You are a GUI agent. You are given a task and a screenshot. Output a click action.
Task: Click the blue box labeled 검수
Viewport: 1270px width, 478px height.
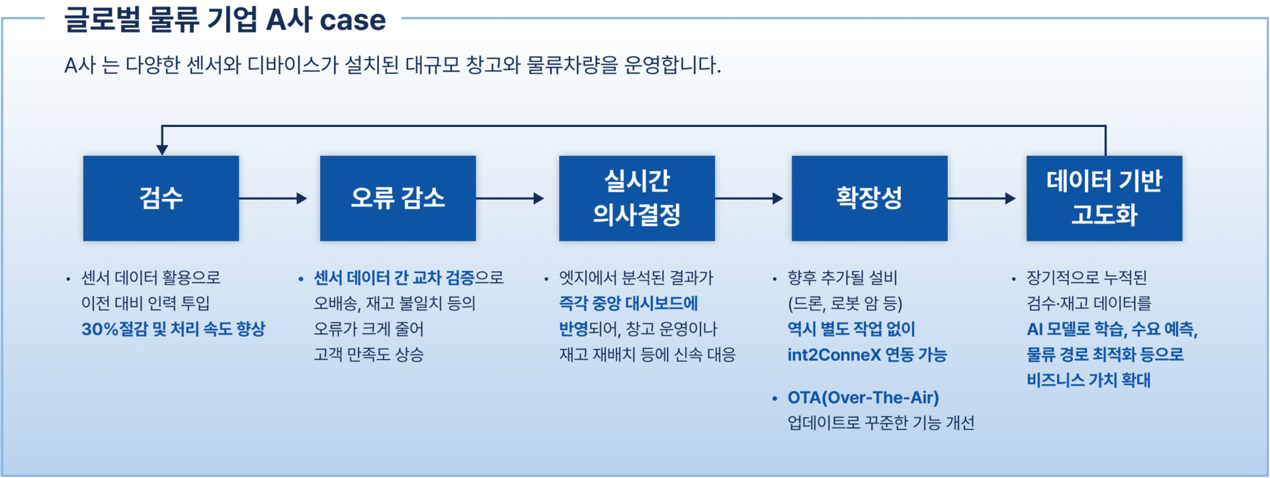[161, 198]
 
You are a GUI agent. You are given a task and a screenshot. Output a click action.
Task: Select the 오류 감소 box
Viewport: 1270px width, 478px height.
[398, 198]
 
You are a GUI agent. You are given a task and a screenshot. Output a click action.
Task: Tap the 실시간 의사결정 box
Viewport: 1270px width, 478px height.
[636, 198]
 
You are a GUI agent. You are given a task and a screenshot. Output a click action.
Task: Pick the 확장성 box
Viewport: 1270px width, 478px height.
[869, 198]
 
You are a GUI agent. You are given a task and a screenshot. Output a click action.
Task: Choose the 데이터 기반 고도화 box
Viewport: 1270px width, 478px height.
[1104, 198]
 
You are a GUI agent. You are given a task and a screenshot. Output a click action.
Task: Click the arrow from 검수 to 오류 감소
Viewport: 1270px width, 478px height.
[273, 198]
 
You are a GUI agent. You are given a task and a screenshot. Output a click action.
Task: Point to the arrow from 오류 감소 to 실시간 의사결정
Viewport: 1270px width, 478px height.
[510, 198]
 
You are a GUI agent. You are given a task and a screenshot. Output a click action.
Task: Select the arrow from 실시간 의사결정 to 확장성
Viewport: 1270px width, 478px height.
[749, 198]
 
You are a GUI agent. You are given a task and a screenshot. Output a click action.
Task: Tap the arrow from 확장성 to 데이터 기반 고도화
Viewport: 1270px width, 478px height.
[982, 198]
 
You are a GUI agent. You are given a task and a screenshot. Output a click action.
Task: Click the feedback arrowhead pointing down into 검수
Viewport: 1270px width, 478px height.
[162, 150]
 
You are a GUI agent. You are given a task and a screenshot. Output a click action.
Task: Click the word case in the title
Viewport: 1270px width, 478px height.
[353, 20]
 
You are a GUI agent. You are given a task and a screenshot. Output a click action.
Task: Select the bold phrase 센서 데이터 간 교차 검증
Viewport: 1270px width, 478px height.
[394, 278]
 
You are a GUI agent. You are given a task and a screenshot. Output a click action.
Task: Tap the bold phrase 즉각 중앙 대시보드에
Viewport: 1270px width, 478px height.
[628, 303]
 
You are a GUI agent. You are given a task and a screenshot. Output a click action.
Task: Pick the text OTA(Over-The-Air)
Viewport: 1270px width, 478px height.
[863, 398]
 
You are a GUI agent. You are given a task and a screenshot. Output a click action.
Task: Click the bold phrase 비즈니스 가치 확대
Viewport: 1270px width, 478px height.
[1089, 380]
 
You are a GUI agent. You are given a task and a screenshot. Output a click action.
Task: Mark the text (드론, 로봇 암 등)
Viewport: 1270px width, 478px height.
[845, 303]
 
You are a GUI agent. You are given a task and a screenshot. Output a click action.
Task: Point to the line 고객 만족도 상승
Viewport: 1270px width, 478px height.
[368, 355]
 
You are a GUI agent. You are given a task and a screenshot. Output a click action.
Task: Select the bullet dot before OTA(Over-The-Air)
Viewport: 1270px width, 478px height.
[775, 399]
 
